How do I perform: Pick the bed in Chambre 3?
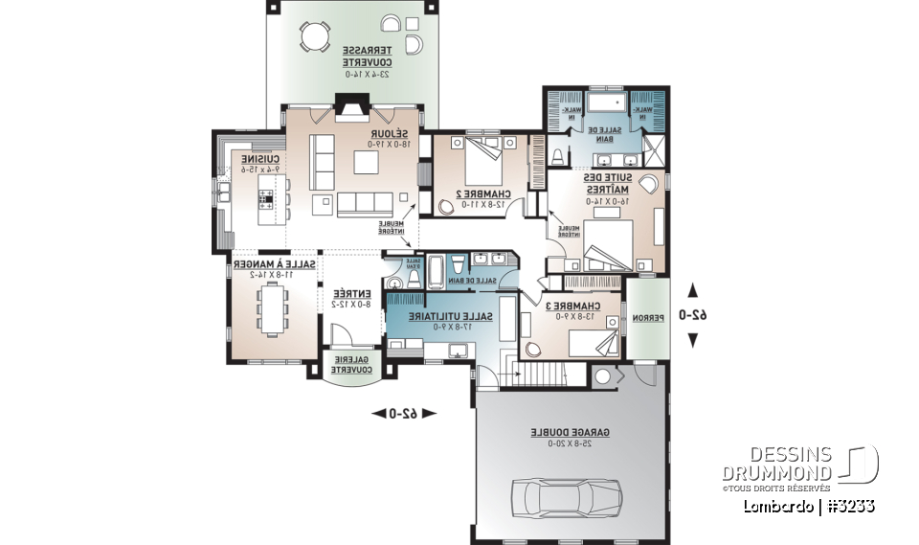click(588, 342)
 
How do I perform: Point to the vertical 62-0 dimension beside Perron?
click(694, 315)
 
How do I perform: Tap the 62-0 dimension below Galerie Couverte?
click(402, 413)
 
